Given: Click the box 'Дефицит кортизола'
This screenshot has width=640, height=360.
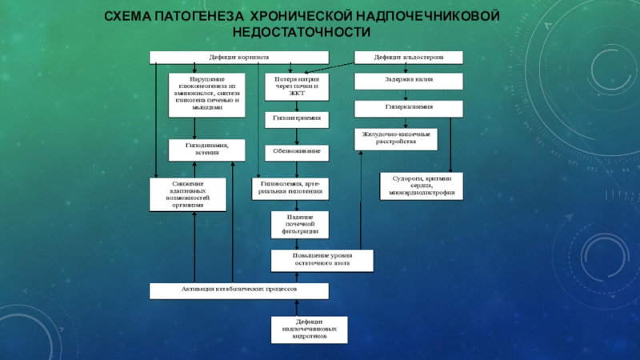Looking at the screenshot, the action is pos(239,58).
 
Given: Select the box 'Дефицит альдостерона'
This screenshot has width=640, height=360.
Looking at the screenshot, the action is pos(408,58).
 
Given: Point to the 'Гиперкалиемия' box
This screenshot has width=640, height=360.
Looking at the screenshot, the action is pos(408,106).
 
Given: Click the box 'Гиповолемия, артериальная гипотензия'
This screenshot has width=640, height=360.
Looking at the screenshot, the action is pos(291,187).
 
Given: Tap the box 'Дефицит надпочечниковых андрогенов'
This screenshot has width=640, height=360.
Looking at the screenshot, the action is pos(308,328).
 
